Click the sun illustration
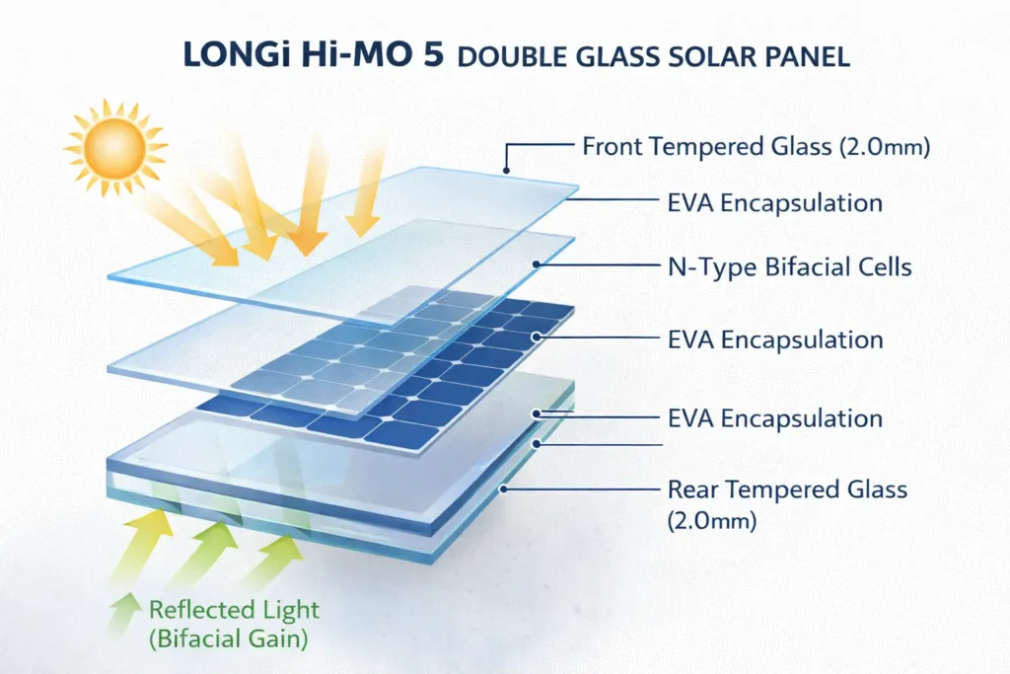[115, 148]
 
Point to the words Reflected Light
[235, 609]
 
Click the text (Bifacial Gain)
[229, 638]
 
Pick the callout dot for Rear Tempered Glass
[504, 487]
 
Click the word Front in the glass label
[612, 147]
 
